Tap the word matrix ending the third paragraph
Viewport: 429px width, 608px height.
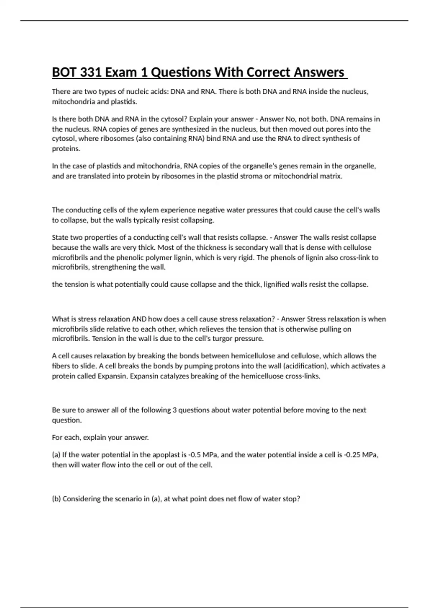pos(332,176)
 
